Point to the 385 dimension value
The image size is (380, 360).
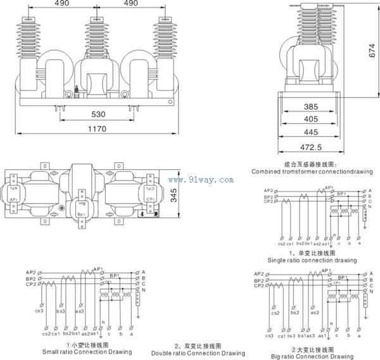[x=310, y=108]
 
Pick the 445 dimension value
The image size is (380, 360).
[x=310, y=132]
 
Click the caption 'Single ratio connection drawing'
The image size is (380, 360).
[x=312, y=260]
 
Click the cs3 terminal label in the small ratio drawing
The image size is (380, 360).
[x=40, y=311]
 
